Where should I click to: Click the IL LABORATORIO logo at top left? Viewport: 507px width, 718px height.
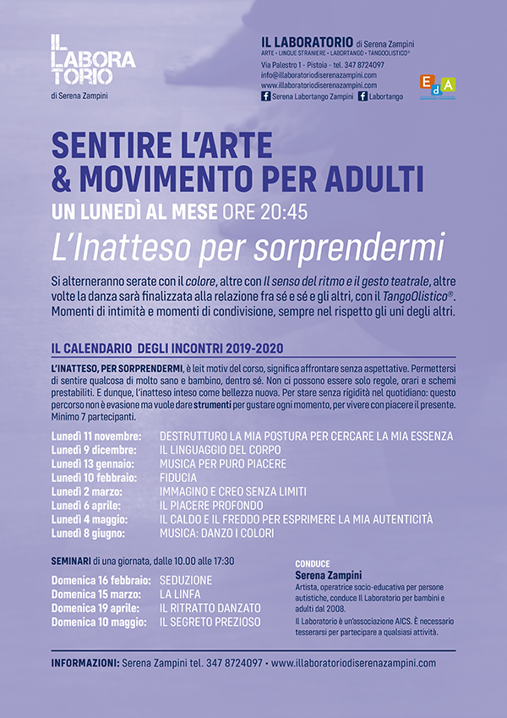click(92, 61)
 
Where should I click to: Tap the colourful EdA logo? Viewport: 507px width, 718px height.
click(437, 85)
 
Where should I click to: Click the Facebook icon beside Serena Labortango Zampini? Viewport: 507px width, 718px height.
click(265, 97)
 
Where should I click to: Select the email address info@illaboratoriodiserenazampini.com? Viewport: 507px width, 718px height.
click(319, 75)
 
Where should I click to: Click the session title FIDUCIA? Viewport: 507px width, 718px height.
click(178, 478)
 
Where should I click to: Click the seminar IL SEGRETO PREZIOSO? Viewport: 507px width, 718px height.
click(210, 622)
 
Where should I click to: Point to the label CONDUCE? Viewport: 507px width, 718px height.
click(313, 562)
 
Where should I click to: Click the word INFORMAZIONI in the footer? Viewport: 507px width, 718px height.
click(84, 664)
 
